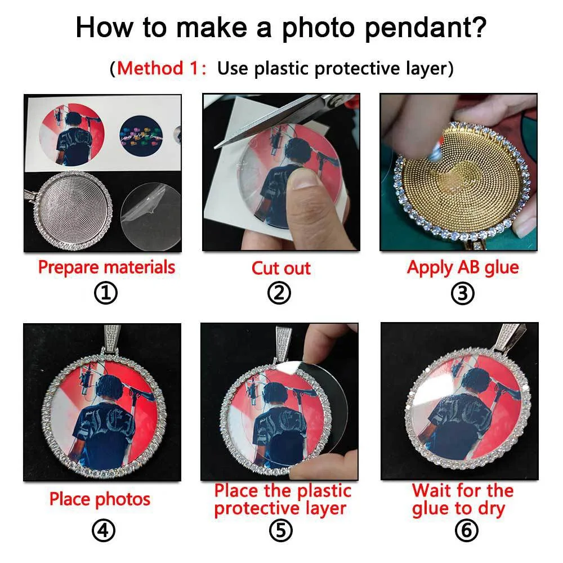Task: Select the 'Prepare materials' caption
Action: pos(106,267)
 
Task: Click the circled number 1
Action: pos(106,293)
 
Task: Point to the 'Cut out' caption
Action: pos(281,268)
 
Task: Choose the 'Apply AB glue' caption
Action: pos(462,267)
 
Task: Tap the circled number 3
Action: pos(462,293)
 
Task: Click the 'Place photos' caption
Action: pos(100,499)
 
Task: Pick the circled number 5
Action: pos(281,530)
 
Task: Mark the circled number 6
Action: pos(462,530)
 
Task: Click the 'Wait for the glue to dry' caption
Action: pos(462,499)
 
